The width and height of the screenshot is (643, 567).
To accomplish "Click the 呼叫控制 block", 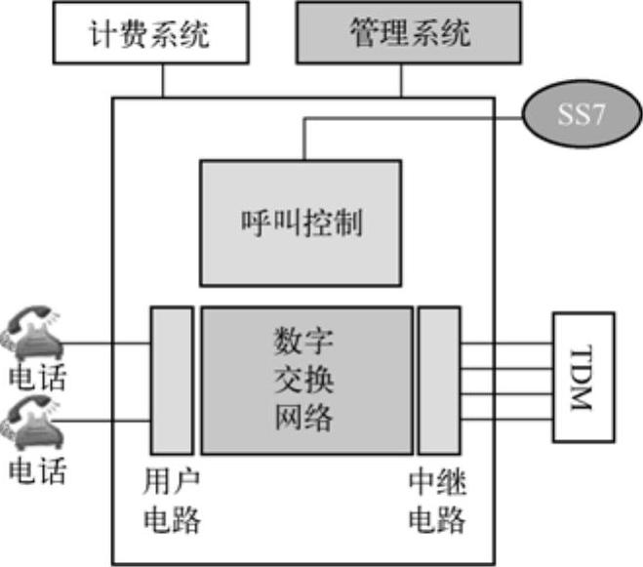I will click(x=300, y=223).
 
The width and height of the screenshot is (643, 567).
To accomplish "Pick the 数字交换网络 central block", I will click(x=305, y=379).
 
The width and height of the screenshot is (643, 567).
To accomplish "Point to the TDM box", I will click(x=583, y=375).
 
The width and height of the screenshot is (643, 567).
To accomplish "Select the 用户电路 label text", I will click(x=171, y=501).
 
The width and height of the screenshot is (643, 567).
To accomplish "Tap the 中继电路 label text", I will click(x=436, y=501).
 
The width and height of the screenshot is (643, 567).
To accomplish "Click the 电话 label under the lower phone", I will click(x=37, y=471).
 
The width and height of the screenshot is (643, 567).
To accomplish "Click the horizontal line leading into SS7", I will click(x=420, y=120).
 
